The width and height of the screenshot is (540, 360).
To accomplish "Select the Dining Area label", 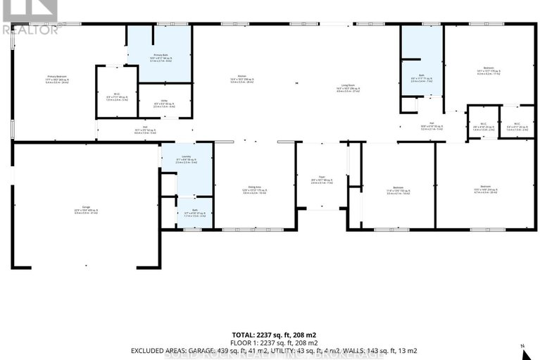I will tap(253, 189).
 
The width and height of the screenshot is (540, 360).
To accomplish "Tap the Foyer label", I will tap(320, 180).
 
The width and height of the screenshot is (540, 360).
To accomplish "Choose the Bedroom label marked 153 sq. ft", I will tap(398, 188).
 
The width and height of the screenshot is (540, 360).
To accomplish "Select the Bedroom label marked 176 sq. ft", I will tap(488, 69).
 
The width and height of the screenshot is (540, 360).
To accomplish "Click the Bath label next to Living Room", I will tap(420, 79).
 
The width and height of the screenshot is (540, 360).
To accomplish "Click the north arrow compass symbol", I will tap(522, 349).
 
